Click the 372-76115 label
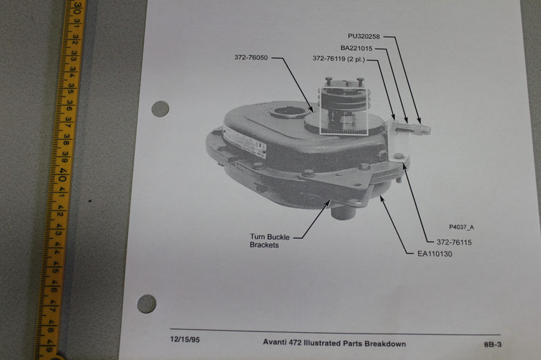454,242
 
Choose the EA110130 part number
435,254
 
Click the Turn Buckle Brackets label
270,241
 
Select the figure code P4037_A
461,227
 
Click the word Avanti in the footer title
277,343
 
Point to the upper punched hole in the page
161,109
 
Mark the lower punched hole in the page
147,303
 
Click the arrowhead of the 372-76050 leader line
312,111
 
